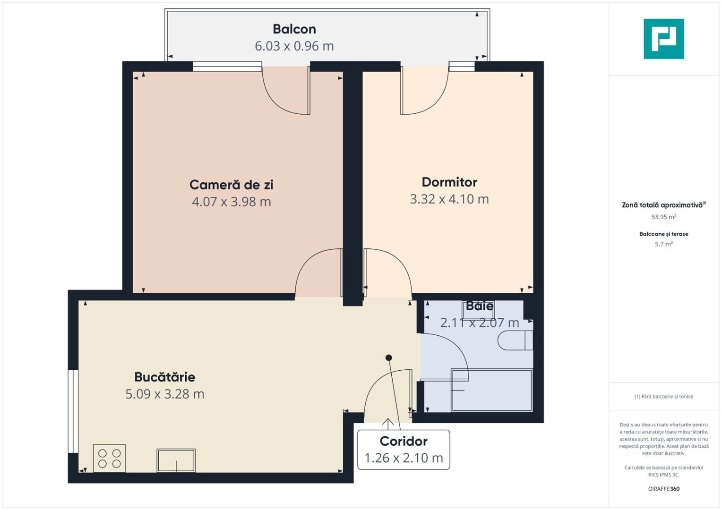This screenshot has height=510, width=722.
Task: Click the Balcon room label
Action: tap(294, 29)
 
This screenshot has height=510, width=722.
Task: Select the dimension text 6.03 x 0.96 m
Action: tap(294, 46)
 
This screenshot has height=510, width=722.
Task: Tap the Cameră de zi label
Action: tap(232, 185)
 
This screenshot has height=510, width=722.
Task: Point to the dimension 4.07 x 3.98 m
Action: tap(232, 202)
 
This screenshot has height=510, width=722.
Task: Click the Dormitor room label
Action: tap(449, 182)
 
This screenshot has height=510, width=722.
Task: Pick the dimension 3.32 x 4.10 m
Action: tap(449, 199)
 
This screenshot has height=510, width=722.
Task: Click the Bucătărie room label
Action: tap(165, 377)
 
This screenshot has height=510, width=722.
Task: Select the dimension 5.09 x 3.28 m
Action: tap(165, 394)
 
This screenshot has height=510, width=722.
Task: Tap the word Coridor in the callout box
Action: tap(404, 441)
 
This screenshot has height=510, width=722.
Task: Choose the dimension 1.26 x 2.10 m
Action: tap(404, 458)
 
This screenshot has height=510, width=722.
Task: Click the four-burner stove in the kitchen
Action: tap(110, 459)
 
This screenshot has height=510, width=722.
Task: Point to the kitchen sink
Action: tap(176, 460)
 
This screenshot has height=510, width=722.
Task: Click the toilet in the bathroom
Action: tap(516, 340)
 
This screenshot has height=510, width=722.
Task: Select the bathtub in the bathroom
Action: tap(492, 391)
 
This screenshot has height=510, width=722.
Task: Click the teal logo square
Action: tap(664, 39)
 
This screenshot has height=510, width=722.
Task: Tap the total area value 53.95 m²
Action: tap(664, 217)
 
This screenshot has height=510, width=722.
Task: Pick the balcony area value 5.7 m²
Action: tap(664, 244)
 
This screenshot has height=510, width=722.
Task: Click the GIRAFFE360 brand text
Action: tap(664, 489)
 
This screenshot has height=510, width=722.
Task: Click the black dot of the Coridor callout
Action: tap(389, 357)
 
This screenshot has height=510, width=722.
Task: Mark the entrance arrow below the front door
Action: tap(388, 424)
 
